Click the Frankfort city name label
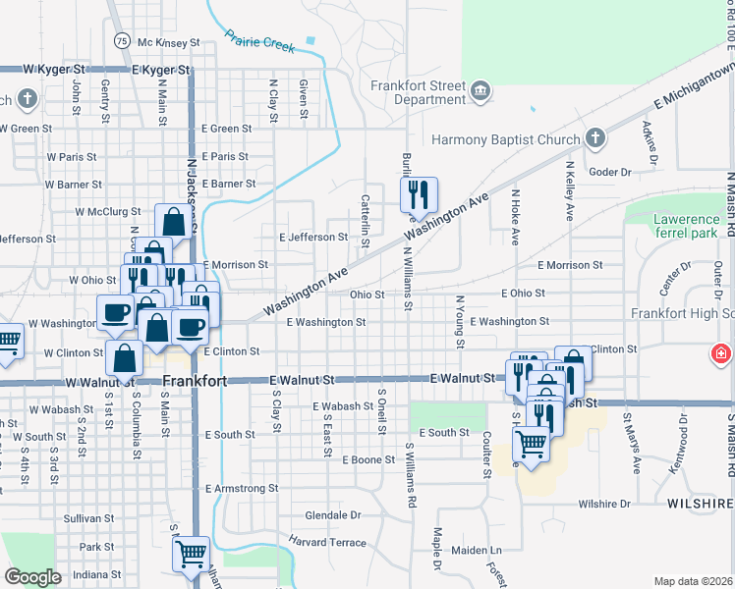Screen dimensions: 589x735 click(x=195, y=380)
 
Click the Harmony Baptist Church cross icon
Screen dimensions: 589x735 click(x=594, y=139)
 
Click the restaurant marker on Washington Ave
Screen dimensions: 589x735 click(x=419, y=195)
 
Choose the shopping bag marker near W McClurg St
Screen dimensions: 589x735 click(x=173, y=221)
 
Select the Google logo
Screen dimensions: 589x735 click(x=32, y=577)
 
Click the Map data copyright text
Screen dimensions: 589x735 click(x=694, y=581)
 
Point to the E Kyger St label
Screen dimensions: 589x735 click(x=160, y=70)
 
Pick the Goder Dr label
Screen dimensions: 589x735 click(x=610, y=172)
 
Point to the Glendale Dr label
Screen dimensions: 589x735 click(x=333, y=514)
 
